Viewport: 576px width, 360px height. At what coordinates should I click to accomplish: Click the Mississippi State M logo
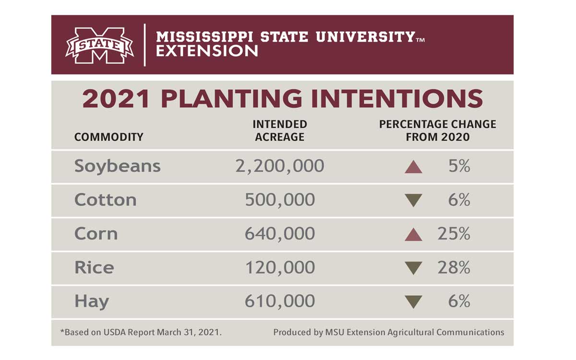coord(99,46)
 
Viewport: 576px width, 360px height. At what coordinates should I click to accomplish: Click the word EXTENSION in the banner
coord(207,51)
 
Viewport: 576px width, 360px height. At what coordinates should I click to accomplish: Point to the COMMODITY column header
coord(108,137)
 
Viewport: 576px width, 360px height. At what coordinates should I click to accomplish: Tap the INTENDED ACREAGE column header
coord(280,131)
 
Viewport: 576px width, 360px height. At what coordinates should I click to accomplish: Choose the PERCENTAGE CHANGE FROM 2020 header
coord(437,131)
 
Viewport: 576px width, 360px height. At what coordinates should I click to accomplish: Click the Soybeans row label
coord(117,167)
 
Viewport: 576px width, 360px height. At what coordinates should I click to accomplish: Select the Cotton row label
coord(105,200)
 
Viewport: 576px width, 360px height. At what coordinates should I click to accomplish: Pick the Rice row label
coord(94,267)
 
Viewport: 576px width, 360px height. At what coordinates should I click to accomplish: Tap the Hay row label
coord(92,302)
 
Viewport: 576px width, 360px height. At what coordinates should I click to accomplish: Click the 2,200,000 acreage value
coord(280,167)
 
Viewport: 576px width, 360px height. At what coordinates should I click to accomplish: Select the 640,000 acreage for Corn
coord(280,234)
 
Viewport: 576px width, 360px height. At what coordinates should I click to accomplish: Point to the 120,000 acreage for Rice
coord(280,267)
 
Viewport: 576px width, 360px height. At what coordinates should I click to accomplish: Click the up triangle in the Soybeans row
coord(413,168)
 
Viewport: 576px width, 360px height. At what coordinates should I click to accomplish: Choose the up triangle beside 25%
coord(413,235)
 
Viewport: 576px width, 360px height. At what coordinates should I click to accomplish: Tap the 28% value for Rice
coord(454,267)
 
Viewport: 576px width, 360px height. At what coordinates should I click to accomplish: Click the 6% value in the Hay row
coord(459,301)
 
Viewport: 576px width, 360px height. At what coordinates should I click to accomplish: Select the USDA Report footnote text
coord(141,332)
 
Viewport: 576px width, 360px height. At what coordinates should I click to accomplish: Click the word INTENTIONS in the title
coord(394,98)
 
